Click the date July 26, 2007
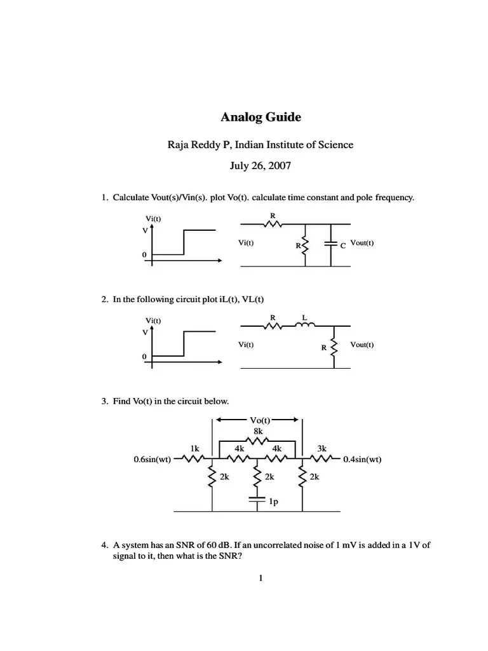(x=261, y=166)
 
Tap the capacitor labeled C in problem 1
(x=331, y=243)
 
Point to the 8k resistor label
(x=258, y=430)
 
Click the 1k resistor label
(x=195, y=448)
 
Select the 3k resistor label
(x=322, y=448)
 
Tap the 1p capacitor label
(x=273, y=502)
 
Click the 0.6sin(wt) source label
(x=152, y=459)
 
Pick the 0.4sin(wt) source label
(x=362, y=459)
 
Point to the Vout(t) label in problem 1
(x=362, y=243)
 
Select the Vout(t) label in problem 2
(x=362, y=345)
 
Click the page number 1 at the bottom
(x=261, y=578)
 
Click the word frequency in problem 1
(x=395, y=198)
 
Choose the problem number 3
(x=104, y=402)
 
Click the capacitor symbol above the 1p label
(x=258, y=500)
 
